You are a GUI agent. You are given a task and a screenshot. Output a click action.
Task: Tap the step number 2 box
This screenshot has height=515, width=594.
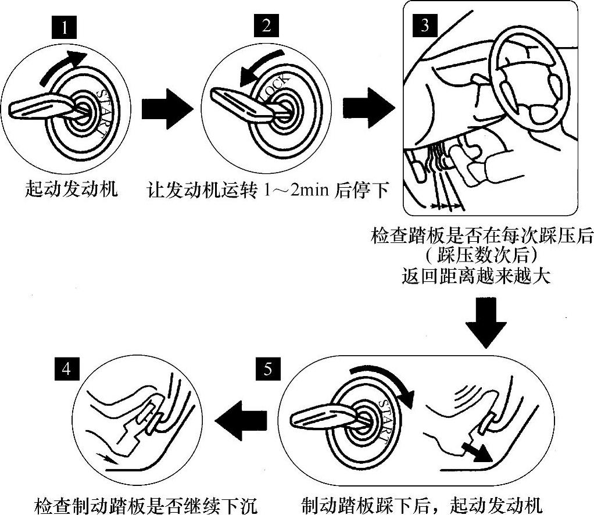266,26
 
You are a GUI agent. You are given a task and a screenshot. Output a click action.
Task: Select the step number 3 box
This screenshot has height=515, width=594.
424,26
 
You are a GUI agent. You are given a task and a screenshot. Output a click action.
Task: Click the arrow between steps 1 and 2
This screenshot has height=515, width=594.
166,108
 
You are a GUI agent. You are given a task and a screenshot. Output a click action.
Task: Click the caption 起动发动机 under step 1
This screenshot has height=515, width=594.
72,189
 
